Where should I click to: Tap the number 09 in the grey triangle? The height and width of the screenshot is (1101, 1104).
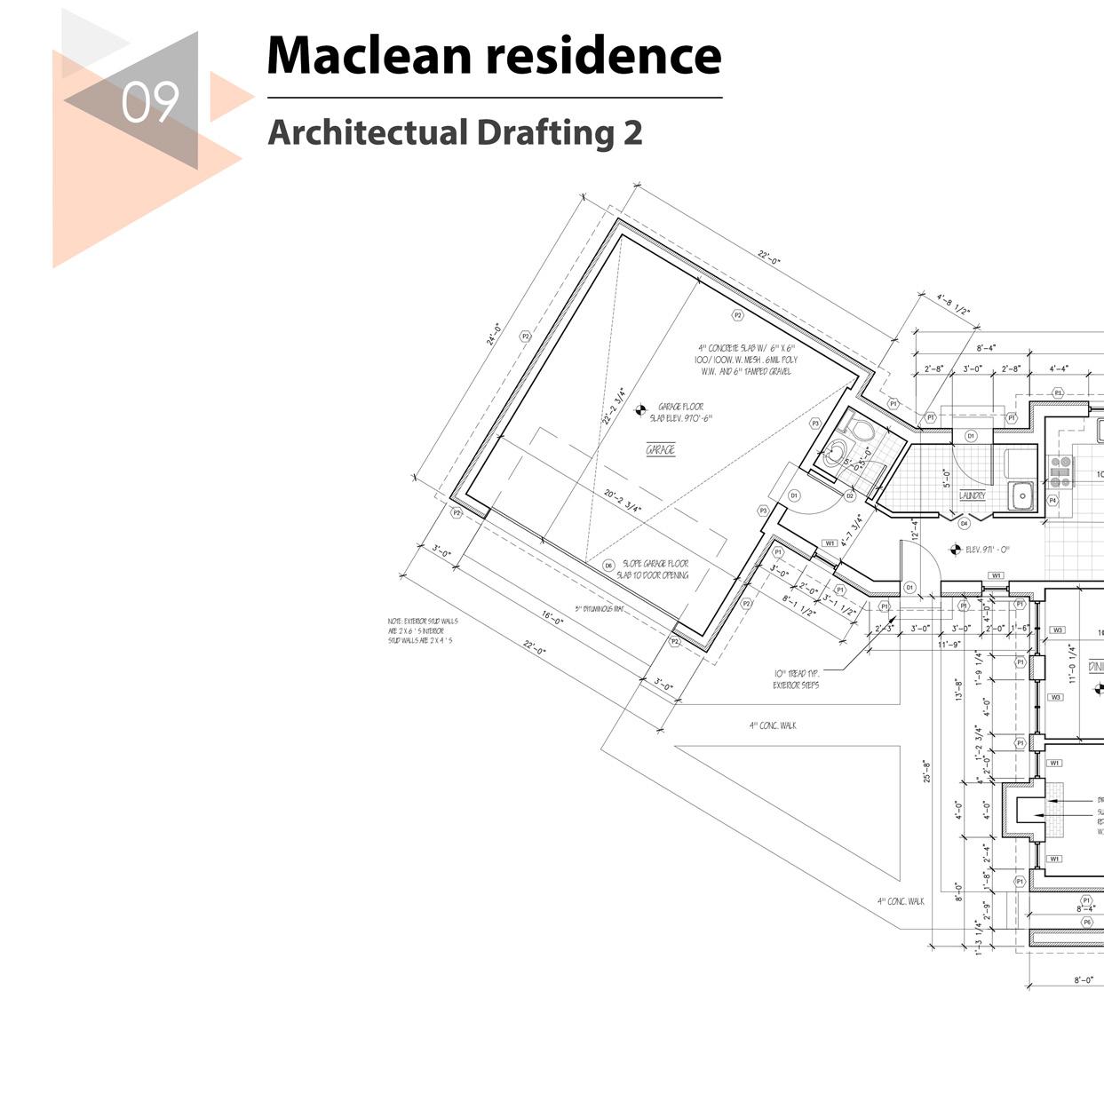click(150, 103)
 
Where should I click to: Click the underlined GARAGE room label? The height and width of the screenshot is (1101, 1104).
click(660, 450)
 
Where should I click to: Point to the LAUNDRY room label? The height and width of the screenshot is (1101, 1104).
click(973, 495)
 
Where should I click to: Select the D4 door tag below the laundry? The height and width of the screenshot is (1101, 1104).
click(965, 524)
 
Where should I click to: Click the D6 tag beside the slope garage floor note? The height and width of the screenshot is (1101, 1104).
click(608, 565)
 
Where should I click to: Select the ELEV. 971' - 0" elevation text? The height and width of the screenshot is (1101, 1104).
click(987, 550)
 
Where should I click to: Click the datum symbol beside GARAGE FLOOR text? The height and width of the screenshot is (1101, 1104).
click(639, 410)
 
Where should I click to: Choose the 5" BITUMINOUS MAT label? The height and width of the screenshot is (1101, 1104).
click(599, 609)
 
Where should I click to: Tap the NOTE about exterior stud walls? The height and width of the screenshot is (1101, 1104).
click(422, 630)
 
